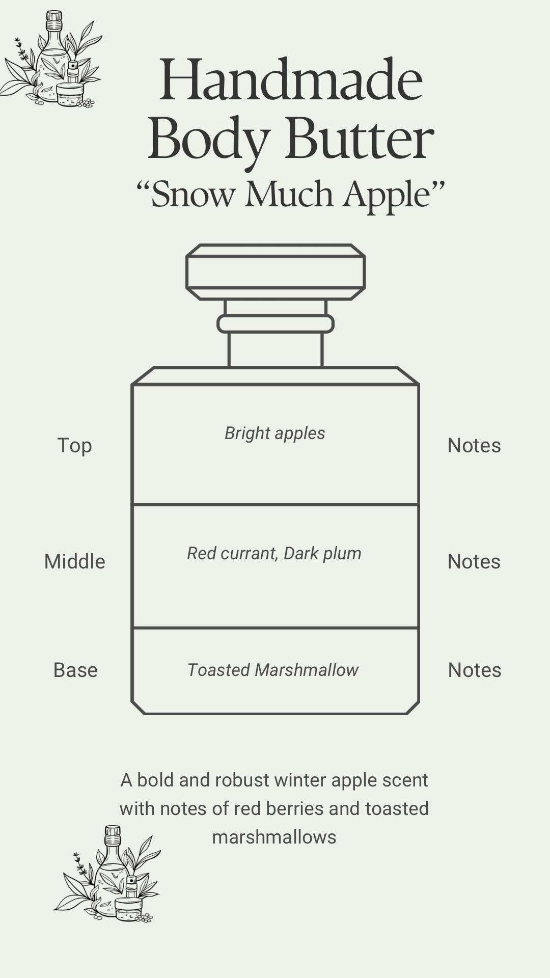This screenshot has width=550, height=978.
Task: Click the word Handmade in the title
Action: click(x=291, y=80)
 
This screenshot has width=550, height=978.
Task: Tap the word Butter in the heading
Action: click(x=360, y=139)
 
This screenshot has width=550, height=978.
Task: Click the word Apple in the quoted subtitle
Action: click(x=387, y=195)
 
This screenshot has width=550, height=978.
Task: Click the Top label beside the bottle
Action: click(x=74, y=446)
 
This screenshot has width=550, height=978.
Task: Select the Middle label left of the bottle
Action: click(x=74, y=562)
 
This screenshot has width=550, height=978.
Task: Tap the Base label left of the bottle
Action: click(x=75, y=670)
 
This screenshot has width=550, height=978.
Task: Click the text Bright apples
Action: click(x=275, y=433)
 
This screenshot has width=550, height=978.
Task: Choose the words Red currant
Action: click(x=231, y=554)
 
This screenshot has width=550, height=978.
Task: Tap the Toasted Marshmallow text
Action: click(x=273, y=670)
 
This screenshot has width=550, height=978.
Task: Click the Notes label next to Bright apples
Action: click(x=474, y=446)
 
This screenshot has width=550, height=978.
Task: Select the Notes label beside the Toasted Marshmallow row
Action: click(x=474, y=670)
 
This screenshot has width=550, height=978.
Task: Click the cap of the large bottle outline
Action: click(x=276, y=272)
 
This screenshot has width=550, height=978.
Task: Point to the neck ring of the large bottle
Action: click(x=276, y=324)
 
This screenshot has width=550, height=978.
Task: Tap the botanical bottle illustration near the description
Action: click(x=108, y=875)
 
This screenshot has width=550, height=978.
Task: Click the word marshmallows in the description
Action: click(x=274, y=837)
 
